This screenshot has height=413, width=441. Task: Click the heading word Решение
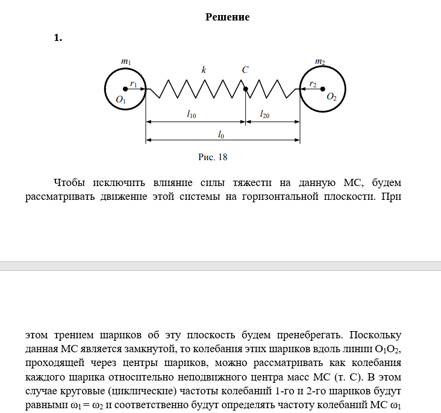click(227, 17)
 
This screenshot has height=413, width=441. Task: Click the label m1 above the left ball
click(126, 61)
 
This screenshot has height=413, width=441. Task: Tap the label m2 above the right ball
click(320, 61)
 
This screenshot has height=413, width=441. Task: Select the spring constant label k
click(204, 70)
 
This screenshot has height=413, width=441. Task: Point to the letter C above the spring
click(245, 70)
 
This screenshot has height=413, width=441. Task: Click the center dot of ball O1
click(125, 89)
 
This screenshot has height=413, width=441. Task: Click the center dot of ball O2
click(322, 89)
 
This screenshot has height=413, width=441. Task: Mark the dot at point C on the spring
click(245, 90)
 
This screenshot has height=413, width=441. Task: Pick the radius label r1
click(134, 84)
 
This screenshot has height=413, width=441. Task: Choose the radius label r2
click(313, 84)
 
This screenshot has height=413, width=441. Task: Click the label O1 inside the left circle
click(121, 100)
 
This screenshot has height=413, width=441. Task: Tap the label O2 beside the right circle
click(331, 97)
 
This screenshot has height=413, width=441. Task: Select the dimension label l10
click(192, 113)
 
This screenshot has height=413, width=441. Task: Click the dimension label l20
click(264, 113)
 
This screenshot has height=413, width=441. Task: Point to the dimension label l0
click(222, 132)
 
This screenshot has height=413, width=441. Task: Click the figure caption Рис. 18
click(213, 157)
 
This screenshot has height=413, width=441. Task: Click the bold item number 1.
click(58, 38)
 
